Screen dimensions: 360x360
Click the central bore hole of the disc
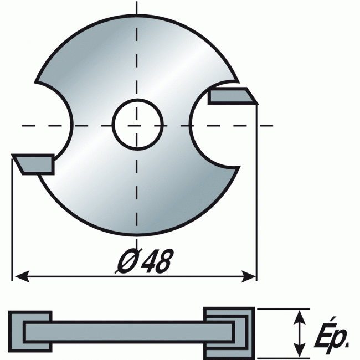click(x=138, y=125)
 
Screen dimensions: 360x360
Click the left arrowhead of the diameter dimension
click(x=22, y=276)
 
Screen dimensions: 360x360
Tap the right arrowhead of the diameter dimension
click(x=248, y=276)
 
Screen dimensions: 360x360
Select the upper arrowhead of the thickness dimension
click(x=300, y=318)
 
